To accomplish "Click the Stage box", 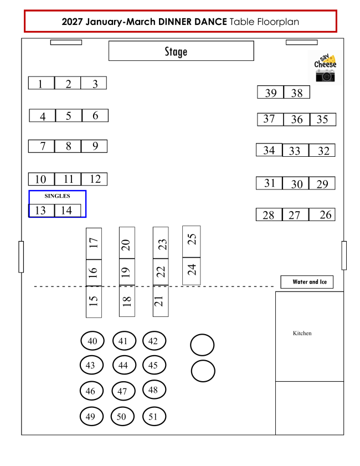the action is [x=181, y=51].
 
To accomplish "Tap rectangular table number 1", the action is [x=42, y=83].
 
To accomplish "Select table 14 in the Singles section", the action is [x=68, y=211].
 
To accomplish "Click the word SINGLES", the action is [x=58, y=196].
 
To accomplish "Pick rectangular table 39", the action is [x=270, y=92].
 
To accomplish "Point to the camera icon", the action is [x=325, y=75].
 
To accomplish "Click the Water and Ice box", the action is [x=307, y=281].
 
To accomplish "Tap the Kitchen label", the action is [x=302, y=333].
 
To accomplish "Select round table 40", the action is [x=92, y=341].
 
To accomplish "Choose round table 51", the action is [x=154, y=416].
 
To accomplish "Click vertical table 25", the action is [x=191, y=242].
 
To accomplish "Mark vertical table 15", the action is [x=94, y=301].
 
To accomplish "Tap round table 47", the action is [x=124, y=391].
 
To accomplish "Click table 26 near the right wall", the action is [x=322, y=214].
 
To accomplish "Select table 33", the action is [x=296, y=150].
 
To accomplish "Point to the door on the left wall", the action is [x=21, y=257].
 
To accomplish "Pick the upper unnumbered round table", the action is [x=202, y=345].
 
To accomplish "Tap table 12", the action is [x=94, y=179].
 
